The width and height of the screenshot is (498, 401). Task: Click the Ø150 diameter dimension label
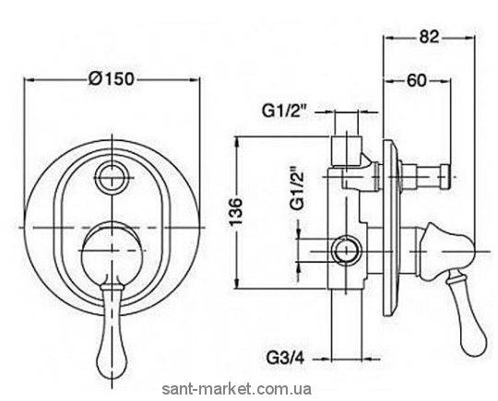tap(112, 78)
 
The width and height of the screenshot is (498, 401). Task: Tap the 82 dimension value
tap(429, 37)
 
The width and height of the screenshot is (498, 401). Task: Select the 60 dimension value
tap(416, 80)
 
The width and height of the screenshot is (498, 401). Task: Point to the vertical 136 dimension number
tap(236, 211)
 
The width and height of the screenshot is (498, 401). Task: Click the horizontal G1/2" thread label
tap(284, 112)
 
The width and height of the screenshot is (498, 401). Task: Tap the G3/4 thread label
tap(285, 359)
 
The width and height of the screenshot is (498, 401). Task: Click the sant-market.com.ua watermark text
tap(237, 389)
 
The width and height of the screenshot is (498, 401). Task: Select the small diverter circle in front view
tap(113, 177)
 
